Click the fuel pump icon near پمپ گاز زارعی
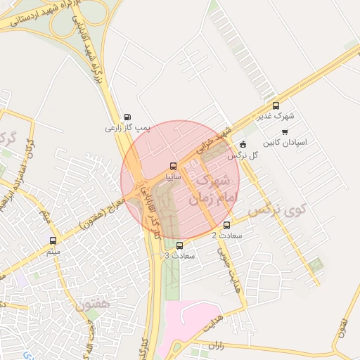coord(127,117)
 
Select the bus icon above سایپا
coord(174,167)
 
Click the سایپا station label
coord(174,178)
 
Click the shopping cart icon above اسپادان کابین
coord(284,131)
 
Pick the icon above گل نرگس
coord(243,144)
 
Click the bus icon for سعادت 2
coord(226,226)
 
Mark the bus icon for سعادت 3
coord(181,245)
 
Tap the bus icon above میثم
coord(54,240)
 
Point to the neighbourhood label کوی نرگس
coord(278,210)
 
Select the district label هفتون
coord(92,307)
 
